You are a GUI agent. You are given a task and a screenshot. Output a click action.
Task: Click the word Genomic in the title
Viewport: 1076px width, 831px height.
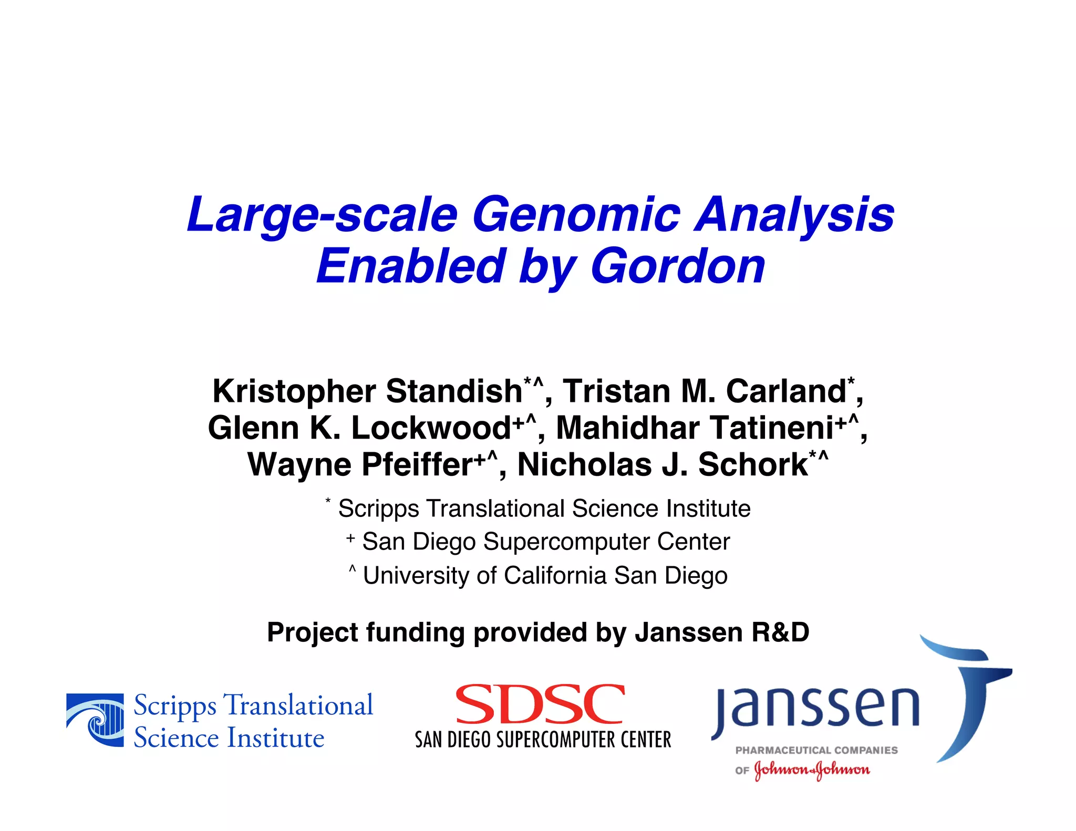[576, 214]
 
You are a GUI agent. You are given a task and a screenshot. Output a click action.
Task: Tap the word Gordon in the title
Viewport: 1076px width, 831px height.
[678, 266]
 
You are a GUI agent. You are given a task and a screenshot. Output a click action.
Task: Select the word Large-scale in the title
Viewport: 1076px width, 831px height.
[322, 214]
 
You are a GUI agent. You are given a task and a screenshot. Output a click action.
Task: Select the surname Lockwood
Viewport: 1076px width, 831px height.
[431, 428]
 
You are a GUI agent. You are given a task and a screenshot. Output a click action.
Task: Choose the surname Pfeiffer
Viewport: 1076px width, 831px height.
[418, 465]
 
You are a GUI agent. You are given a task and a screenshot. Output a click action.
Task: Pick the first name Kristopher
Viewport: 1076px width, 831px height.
[294, 391]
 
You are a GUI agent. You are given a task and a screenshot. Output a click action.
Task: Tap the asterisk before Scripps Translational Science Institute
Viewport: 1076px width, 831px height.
[328, 501]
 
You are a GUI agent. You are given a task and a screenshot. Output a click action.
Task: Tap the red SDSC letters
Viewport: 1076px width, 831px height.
[540, 704]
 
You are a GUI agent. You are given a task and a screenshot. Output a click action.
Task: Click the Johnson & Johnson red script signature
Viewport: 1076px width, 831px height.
[812, 770]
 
